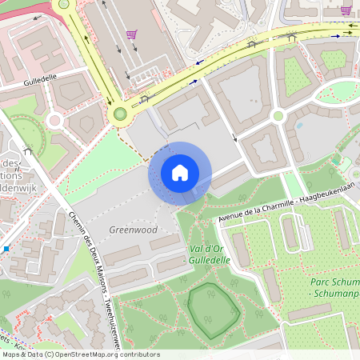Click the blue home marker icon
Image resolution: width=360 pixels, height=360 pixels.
[x=180, y=173]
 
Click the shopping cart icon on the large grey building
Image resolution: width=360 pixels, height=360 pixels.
[x=130, y=34]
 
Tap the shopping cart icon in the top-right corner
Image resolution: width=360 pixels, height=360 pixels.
[x=346, y=10]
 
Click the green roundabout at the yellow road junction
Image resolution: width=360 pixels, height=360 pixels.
[x=120, y=114]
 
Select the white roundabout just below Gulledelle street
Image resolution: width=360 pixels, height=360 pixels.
[x=54, y=121]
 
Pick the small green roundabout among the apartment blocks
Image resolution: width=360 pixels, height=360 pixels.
[x=278, y=116]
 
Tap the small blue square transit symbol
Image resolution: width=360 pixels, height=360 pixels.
[x=6, y=249]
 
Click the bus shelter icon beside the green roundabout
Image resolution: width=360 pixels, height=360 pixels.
[x=145, y=99]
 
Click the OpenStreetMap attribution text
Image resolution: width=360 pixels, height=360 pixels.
[x=80, y=354]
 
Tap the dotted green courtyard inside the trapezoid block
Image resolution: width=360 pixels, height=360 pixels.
[x=296, y=78]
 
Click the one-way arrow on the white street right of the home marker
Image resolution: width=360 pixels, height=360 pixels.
[x=236, y=138]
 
